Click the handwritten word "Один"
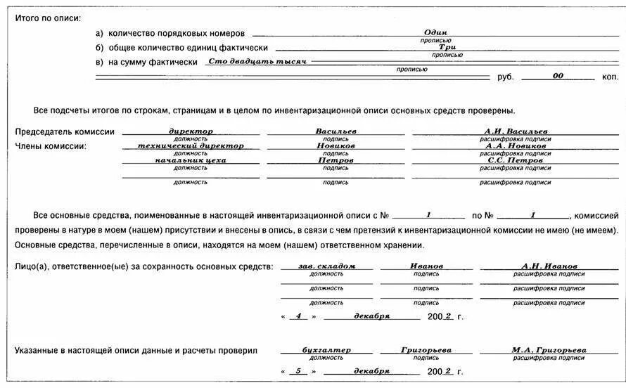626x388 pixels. (436, 33)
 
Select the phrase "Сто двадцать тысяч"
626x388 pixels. (258, 62)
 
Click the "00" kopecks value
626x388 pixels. (558, 76)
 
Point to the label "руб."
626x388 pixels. (506, 77)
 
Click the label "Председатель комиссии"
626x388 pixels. (65, 132)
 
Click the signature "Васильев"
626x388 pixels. (336, 131)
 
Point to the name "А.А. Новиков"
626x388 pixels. (516, 145)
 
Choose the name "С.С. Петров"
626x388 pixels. (516, 160)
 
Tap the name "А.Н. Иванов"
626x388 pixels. (549, 266)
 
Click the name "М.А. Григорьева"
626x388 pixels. (549, 350)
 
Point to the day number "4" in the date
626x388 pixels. (298, 316)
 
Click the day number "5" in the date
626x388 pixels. (298, 371)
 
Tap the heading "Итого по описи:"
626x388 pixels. (48, 18)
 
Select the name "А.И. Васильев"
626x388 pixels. (516, 131)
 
